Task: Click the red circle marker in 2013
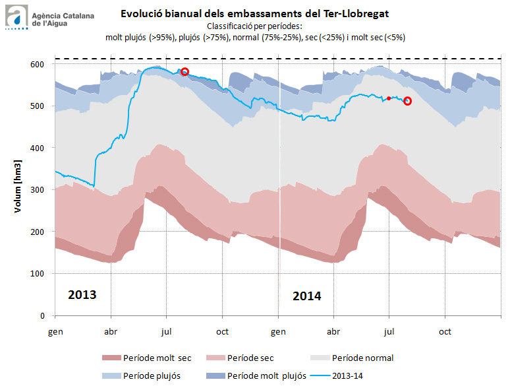point(185,72)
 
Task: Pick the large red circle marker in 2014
point(407,101)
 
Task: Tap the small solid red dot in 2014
point(389,98)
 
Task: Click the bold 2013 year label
point(82,294)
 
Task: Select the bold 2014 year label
point(307,296)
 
